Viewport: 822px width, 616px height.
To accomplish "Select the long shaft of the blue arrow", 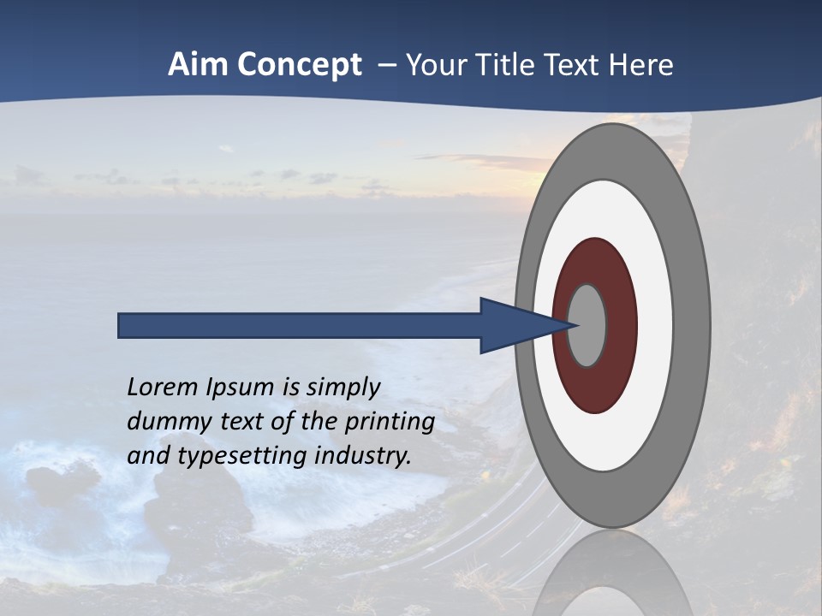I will pos(300,325).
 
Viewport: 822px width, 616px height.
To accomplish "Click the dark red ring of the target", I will pos(595,389).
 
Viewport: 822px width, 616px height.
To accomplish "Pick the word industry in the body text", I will pos(363,456).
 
